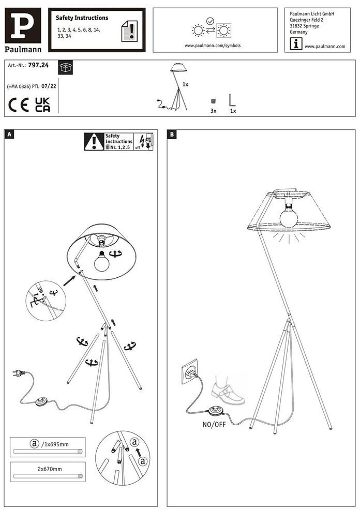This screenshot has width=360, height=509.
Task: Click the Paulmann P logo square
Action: point(23,25)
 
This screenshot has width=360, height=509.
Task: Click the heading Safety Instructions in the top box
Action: point(82,18)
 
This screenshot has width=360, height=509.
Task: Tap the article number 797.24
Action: point(38,65)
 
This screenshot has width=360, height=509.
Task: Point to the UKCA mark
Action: point(42,104)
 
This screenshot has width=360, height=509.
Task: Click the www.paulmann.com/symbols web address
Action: point(213,46)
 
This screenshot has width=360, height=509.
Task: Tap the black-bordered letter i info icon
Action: point(296,44)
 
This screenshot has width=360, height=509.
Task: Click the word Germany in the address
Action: point(298,32)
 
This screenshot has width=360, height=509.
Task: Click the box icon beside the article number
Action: point(66,68)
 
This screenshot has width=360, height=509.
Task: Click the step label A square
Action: point(9,134)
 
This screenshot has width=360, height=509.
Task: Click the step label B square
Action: point(172,134)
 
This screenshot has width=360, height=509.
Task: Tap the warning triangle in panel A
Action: point(94,142)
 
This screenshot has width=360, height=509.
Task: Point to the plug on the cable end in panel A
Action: point(19,373)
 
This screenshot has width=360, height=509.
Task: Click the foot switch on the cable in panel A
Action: point(41,401)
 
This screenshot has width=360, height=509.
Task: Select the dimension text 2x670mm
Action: point(49,469)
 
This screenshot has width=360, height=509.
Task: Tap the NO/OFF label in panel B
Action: point(214,424)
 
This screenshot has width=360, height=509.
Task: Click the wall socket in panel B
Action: point(190,371)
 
